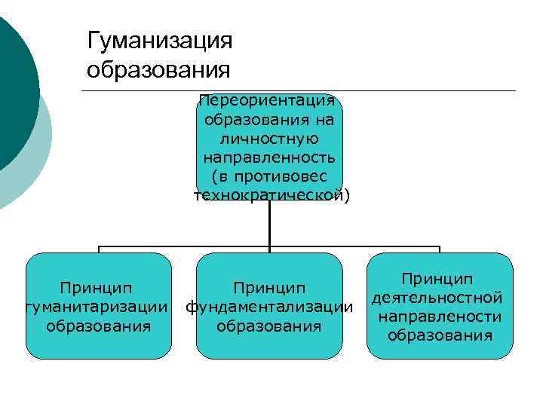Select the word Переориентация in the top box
pos(270,101)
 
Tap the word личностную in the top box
pos(269,139)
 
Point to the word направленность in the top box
pos(269,158)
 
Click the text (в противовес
pos(269,176)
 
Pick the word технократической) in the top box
pos(271,196)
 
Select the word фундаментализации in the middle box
pos(269,307)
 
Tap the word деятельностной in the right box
pos(439,298)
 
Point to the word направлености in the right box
pos(440,317)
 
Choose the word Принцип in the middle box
pos(269,288)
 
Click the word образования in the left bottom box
pos(98,326)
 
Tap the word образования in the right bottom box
pos(440,335)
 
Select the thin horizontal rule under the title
pos(302,91)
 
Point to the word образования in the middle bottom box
pos(269,326)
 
